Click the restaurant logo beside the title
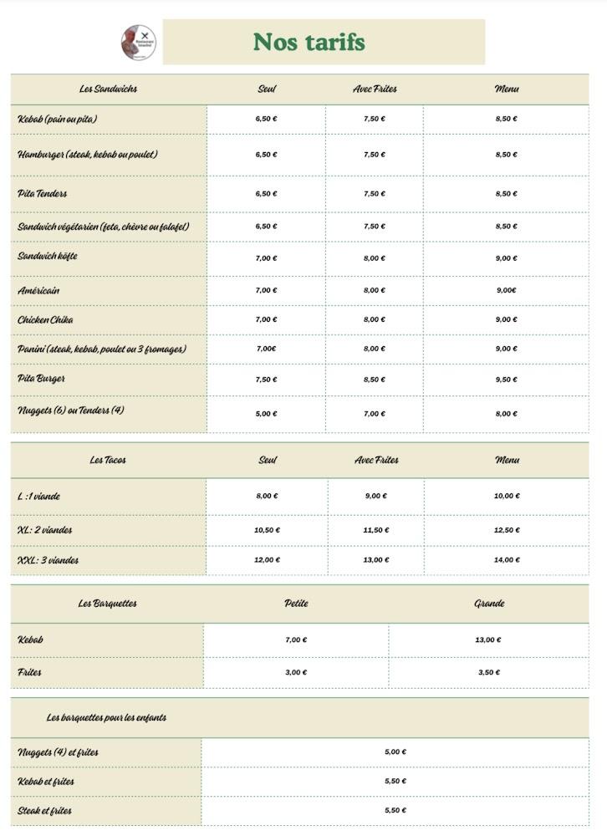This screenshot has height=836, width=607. click(x=138, y=42)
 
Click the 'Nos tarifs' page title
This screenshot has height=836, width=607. click(x=309, y=42)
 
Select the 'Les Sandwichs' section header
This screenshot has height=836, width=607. click(x=109, y=89)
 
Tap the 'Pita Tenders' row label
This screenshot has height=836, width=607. click(x=43, y=194)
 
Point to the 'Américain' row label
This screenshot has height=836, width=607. click(x=38, y=291)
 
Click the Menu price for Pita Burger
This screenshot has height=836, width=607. click(x=506, y=380)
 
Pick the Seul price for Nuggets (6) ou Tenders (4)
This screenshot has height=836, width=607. click(x=266, y=414)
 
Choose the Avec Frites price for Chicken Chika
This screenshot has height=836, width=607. click(x=375, y=319)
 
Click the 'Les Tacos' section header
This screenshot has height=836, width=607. click(x=109, y=460)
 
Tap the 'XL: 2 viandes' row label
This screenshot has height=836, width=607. click(x=45, y=530)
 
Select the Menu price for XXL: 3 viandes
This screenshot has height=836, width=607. click(x=506, y=560)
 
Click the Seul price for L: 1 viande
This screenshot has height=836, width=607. click(x=267, y=496)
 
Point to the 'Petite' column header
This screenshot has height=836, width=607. click(x=296, y=603)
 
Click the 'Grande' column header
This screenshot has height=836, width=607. click(x=489, y=603)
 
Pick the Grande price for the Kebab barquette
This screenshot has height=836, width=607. click(x=488, y=640)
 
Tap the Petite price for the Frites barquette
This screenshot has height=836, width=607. click(x=296, y=672)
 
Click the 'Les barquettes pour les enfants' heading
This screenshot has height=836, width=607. click(x=106, y=717)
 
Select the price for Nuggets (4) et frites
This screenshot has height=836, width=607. click(x=395, y=752)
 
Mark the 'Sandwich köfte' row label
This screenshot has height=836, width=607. click(x=48, y=256)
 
